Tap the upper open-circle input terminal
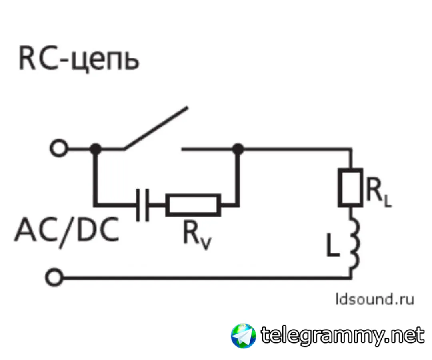59,149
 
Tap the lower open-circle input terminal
54,276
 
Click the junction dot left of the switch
95,149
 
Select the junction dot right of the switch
238,149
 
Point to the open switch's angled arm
155,128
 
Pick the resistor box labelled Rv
193,205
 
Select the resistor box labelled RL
351,187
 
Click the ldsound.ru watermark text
369,299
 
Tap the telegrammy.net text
342,335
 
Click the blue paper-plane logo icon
244,335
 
